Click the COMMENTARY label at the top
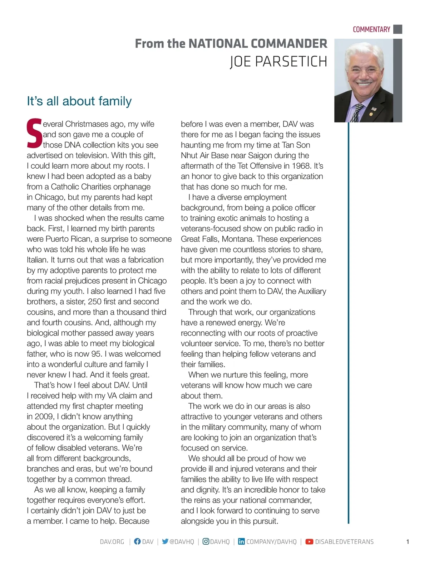[371, 29]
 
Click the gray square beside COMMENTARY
[398, 29]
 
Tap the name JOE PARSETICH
[278, 62]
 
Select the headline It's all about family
[79, 101]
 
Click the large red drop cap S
[34, 134]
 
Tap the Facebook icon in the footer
[137, 541]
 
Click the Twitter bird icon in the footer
[165, 541]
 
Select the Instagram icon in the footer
[206, 541]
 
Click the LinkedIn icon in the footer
[241, 541]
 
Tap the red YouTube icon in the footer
[309, 542]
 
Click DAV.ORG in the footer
[112, 542]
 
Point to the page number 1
[408, 542]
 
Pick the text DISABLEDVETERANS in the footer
[344, 542]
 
